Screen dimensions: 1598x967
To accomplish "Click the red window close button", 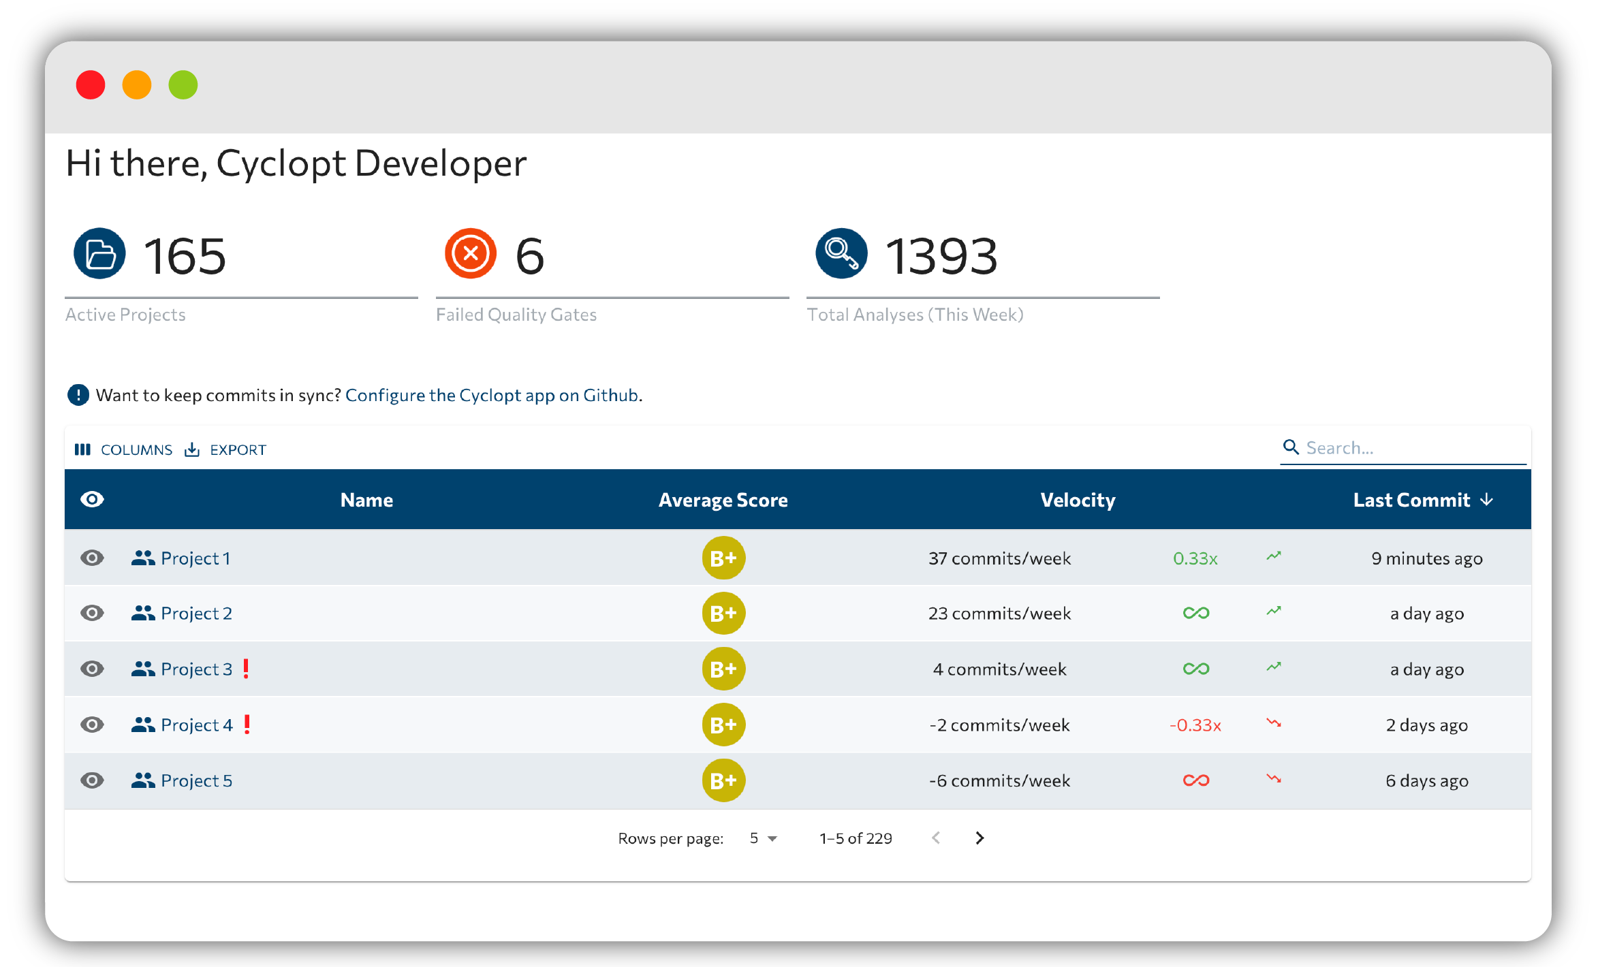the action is click(91, 85).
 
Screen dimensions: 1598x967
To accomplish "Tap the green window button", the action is click(183, 85).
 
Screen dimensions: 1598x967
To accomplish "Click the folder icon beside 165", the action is click(99, 253).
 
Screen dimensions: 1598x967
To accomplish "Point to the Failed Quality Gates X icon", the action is click(470, 253).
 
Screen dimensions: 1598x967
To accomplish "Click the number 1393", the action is click(941, 256).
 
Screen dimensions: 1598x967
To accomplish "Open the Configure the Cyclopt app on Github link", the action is click(492, 395).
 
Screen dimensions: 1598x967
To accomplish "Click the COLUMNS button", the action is click(124, 449).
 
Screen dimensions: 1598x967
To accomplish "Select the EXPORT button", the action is click(225, 449).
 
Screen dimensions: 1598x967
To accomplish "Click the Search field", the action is click(1403, 448).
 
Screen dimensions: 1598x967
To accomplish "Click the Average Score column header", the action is click(723, 500).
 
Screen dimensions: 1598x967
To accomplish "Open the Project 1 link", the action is click(195, 558).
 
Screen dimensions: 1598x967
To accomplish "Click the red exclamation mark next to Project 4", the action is click(247, 724).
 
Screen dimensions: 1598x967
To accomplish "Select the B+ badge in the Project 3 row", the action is click(723, 669).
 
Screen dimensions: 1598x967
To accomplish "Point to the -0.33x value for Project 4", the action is click(1195, 725).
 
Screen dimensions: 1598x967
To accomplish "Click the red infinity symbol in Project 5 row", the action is click(1196, 780).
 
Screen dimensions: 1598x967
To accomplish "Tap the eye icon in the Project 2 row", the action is click(92, 613).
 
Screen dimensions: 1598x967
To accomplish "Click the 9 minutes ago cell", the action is click(1427, 558).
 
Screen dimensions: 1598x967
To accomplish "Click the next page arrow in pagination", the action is click(980, 838).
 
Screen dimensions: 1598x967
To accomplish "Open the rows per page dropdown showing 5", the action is click(763, 838).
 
